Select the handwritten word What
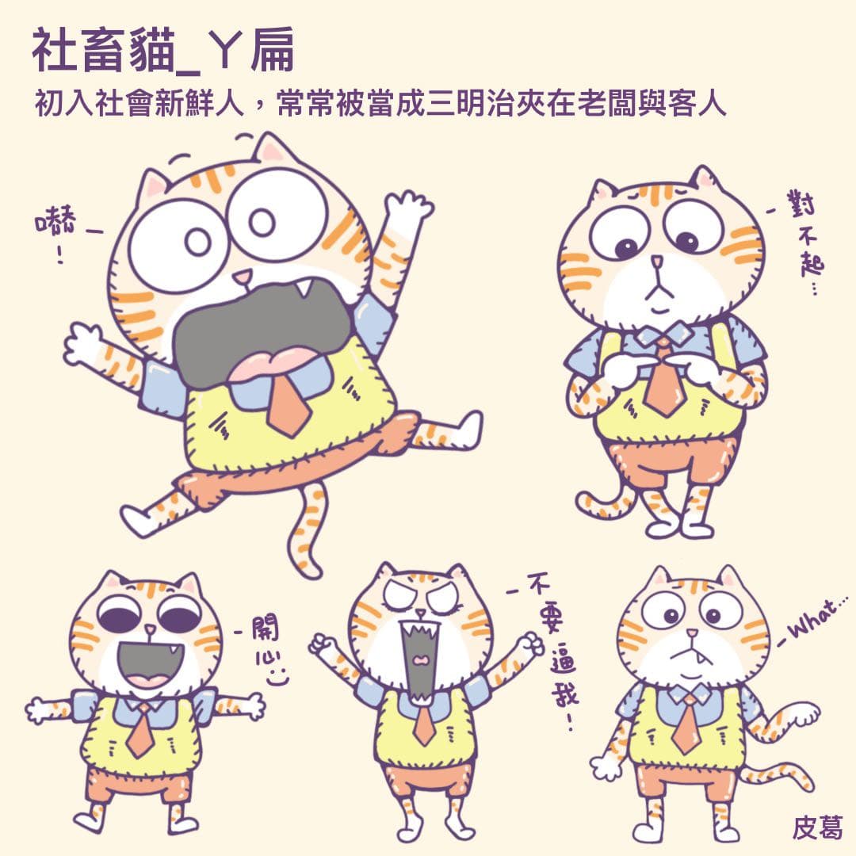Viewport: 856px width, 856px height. pos(816,623)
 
